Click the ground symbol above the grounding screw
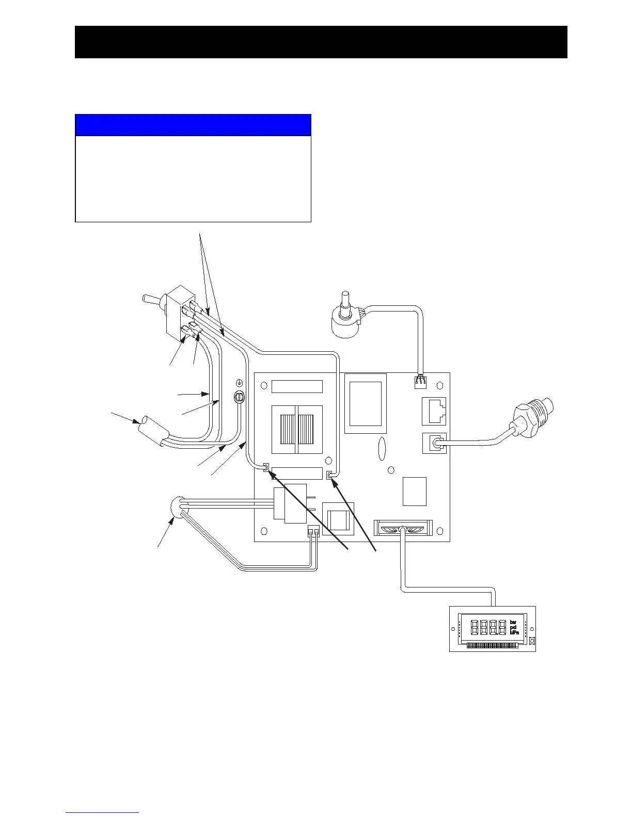click(x=239, y=383)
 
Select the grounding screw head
click(x=239, y=397)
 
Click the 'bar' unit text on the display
click(x=513, y=622)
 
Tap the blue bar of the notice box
click(x=193, y=125)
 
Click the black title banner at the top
click(x=321, y=42)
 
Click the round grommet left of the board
click(x=177, y=506)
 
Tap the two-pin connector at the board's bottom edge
click(x=313, y=532)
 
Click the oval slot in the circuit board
click(x=381, y=449)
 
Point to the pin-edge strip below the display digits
click(x=491, y=645)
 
